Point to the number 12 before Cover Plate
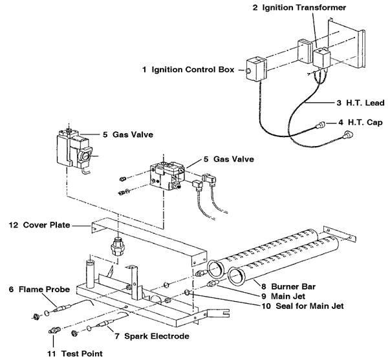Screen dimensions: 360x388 point(12,226)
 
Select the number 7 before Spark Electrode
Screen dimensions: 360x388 point(116,337)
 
